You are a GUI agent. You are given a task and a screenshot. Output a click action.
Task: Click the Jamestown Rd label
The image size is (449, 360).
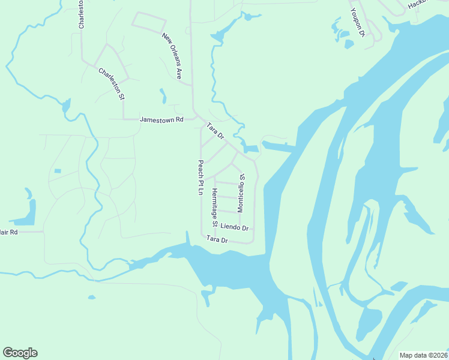point(161,119)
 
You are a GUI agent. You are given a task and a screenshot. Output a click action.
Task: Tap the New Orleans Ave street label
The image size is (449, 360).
point(172,56)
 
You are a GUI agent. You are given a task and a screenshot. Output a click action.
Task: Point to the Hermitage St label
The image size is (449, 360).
point(214,207)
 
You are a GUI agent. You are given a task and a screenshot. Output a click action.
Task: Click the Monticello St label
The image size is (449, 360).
point(241,193)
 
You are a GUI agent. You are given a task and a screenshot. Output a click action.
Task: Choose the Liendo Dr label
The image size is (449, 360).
point(234,227)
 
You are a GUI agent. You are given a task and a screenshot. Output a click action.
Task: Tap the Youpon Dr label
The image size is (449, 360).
point(357,23)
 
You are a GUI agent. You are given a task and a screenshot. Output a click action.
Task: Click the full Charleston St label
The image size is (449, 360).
point(112,83)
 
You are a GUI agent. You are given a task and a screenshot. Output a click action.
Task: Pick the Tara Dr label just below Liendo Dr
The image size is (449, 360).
point(217,239)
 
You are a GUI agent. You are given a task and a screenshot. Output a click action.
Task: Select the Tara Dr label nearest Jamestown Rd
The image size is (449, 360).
point(215,131)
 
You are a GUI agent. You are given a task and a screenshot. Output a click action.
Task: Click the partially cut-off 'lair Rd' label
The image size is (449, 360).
point(9,232)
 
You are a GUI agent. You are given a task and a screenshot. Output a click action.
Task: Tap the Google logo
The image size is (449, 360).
point(20,353)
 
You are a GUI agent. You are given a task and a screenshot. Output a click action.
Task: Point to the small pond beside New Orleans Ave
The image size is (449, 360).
point(163,96)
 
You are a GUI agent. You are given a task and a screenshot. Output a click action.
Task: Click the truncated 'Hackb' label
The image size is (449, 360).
point(417,5)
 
